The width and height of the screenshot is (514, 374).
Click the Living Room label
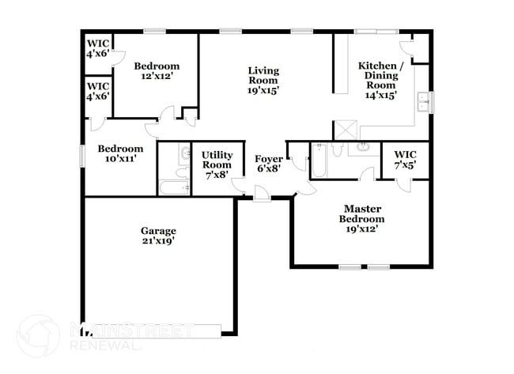coord(263,81)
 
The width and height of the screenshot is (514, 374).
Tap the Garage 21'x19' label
coord(158,236)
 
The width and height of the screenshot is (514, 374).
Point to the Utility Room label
coord(216,164)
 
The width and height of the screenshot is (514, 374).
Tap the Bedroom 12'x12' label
coord(156,71)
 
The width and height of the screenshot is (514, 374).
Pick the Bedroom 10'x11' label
coord(120,153)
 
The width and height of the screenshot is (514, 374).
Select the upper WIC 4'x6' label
coord(97,49)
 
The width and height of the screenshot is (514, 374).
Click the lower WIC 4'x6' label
coord(97,91)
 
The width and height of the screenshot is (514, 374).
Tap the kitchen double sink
coord(424,101)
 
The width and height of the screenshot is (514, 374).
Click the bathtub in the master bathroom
coord(317,163)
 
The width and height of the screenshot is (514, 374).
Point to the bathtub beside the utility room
coord(173,187)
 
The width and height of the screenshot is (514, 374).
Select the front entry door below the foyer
coord(261,195)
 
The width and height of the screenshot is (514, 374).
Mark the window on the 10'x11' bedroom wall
coord(82,154)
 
